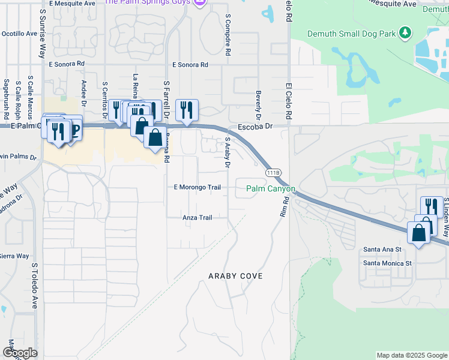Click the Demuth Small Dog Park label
click(x=352, y=34)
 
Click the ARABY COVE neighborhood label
click(x=235, y=275)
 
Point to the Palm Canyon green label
click(x=271, y=189)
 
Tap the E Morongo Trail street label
click(x=197, y=187)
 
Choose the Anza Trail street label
click(x=197, y=218)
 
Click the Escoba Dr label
click(x=255, y=127)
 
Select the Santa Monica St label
click(x=387, y=263)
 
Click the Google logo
click(x=20, y=352)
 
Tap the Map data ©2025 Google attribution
click(x=411, y=355)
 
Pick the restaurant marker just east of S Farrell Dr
click(x=187, y=110)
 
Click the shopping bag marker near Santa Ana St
click(x=418, y=233)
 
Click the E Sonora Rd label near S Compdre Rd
click(x=190, y=64)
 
